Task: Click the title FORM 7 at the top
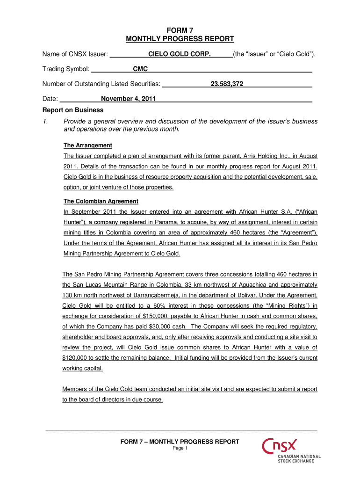(x=180, y=30)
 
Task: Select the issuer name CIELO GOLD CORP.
(x=180, y=54)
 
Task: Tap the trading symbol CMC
(x=140, y=69)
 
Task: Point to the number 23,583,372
(x=227, y=84)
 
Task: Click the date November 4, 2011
(x=128, y=99)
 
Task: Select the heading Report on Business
(x=73, y=110)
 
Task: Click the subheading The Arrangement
(x=87, y=145)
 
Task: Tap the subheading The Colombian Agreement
(x=101, y=201)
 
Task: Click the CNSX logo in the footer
(x=280, y=446)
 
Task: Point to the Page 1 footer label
(x=180, y=448)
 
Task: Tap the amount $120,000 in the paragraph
(x=75, y=358)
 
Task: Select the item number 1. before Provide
(x=45, y=122)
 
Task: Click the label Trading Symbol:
(x=66, y=69)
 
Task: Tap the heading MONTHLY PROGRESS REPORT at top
(x=180, y=39)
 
